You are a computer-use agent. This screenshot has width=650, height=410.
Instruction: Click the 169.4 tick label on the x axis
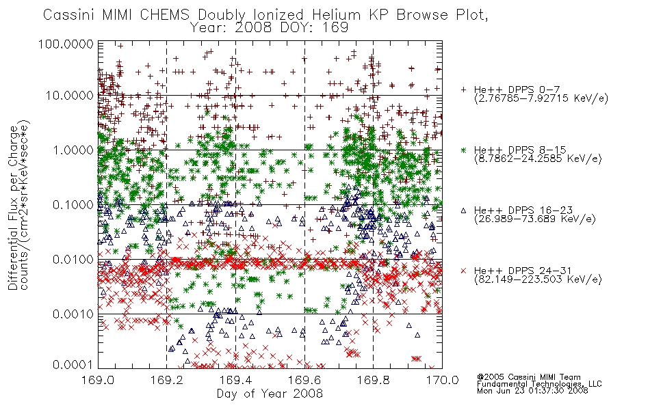[x=235, y=380]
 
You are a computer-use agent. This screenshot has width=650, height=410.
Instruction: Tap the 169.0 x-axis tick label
[x=98, y=380]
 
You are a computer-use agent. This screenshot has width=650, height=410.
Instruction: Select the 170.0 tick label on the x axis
[x=442, y=380]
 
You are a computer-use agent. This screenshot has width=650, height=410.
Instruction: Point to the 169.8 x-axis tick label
[x=373, y=380]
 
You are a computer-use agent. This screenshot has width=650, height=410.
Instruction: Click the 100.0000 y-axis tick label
[x=66, y=44]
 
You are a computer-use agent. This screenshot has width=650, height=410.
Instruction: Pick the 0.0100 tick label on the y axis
[x=73, y=260]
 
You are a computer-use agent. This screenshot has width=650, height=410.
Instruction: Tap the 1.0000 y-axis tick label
[x=73, y=150]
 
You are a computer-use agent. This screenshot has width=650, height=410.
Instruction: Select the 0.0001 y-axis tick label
[x=73, y=365]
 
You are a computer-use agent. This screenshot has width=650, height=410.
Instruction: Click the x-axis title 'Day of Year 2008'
[x=270, y=394]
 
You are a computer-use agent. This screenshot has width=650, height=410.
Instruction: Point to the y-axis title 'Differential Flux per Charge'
[x=13, y=208]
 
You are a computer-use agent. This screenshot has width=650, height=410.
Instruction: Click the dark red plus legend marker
[x=463, y=90]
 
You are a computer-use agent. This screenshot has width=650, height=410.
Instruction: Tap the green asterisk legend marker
[x=463, y=150]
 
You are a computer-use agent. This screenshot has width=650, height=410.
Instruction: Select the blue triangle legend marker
[x=463, y=210]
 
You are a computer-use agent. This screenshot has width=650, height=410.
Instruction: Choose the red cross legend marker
[x=463, y=271]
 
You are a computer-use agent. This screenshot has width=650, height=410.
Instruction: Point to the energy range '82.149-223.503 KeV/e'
[x=538, y=279]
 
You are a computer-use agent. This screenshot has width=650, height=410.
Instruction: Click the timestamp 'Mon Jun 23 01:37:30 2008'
[x=532, y=391]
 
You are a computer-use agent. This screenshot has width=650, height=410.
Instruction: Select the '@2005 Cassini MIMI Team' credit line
[x=528, y=377]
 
